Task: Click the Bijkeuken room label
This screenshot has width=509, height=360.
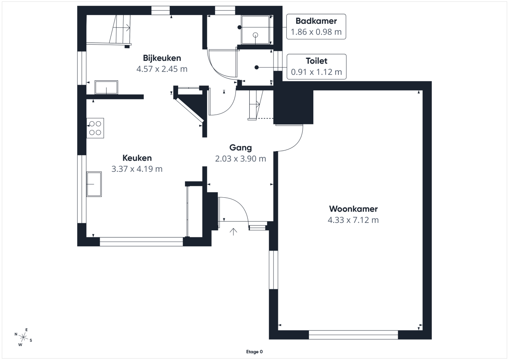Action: (162, 58)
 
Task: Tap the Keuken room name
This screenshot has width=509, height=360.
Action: (137, 158)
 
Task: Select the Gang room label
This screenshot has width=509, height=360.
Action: (241, 148)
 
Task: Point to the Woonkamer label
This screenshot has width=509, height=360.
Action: (354, 209)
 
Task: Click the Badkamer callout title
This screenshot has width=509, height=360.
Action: (316, 21)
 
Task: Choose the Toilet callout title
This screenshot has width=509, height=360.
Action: (317, 61)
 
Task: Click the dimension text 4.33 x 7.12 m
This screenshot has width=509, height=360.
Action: (353, 220)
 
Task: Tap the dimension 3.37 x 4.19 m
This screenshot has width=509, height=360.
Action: (137, 169)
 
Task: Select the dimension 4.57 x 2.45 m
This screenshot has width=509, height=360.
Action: (162, 69)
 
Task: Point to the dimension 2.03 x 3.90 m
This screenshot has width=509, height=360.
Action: (241, 159)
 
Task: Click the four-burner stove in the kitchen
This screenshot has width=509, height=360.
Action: (95, 128)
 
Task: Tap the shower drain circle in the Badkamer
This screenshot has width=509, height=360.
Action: (256, 35)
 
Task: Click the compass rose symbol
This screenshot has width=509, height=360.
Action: (23, 337)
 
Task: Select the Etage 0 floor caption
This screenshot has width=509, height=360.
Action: (254, 352)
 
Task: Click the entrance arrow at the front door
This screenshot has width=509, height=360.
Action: (233, 232)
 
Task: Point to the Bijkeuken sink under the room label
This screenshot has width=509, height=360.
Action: (106, 87)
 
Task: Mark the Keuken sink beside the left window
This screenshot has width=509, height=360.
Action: (94, 184)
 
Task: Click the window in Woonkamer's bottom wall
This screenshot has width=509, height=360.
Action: (354, 335)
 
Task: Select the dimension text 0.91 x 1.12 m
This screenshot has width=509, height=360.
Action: (317, 72)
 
